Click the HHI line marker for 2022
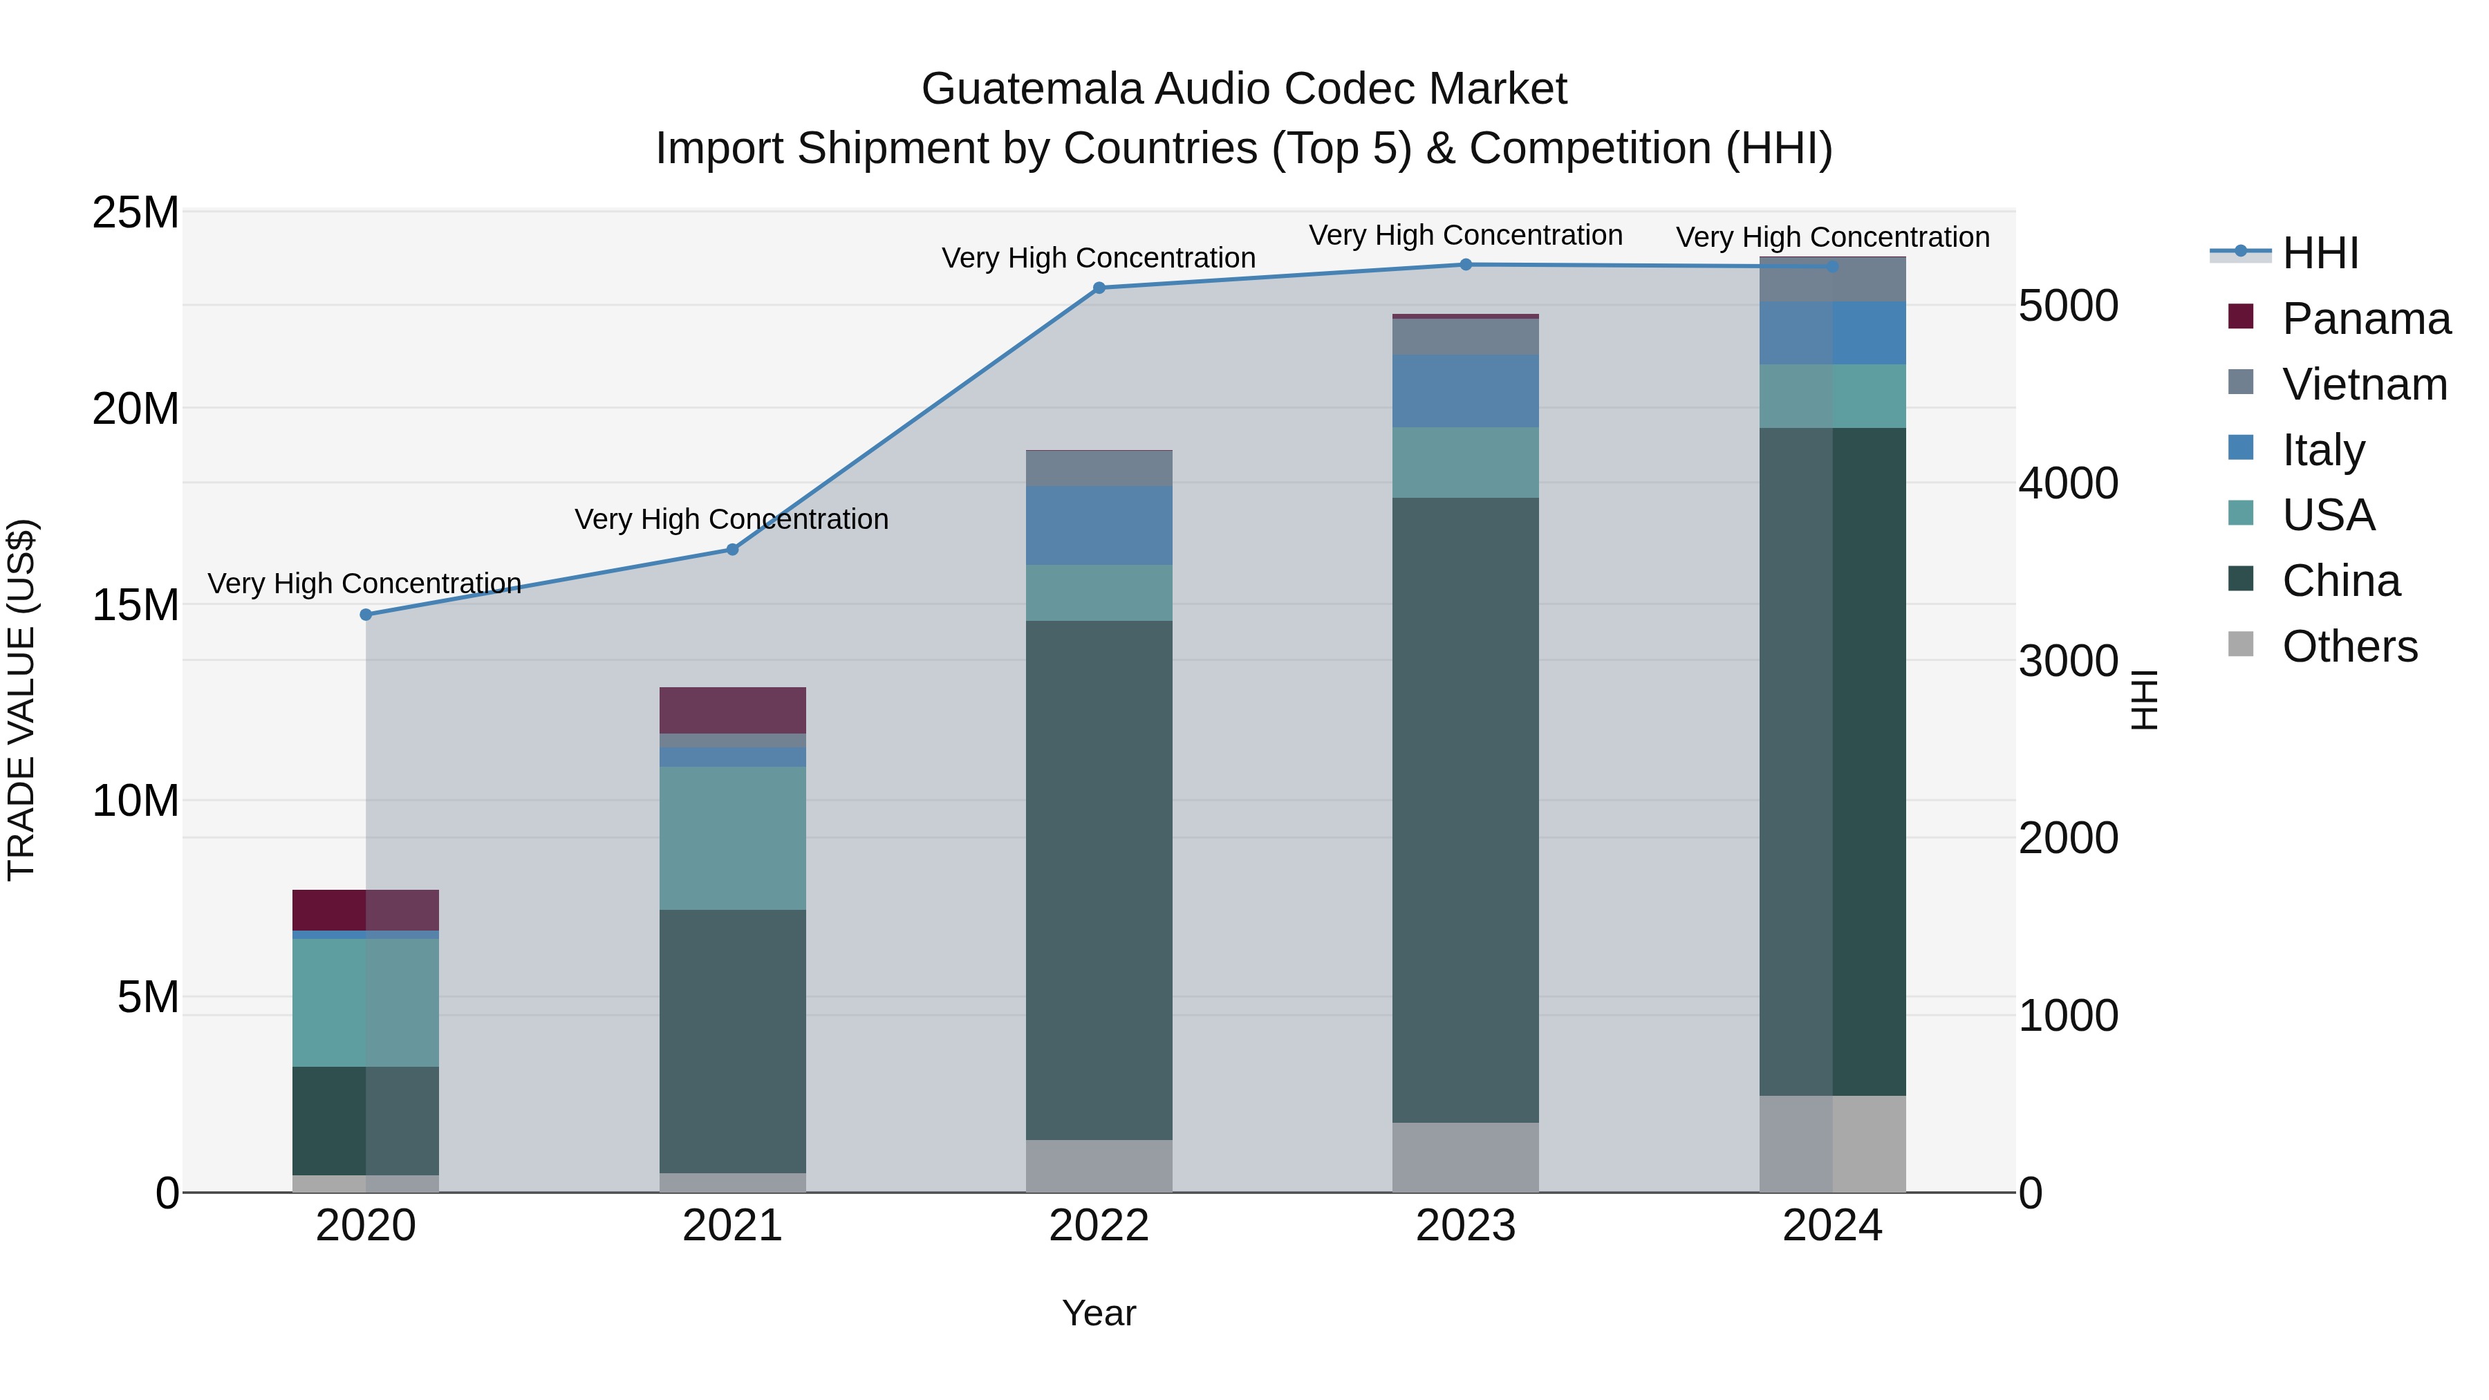(x=1099, y=288)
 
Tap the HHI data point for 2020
(x=365, y=615)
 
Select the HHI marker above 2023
(x=1466, y=265)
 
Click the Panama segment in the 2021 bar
(x=732, y=710)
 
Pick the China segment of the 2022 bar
(x=1099, y=879)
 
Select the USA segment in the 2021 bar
(x=732, y=838)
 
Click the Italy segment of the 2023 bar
(x=1466, y=391)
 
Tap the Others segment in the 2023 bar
(x=1466, y=1157)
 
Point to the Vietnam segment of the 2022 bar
(x=1099, y=469)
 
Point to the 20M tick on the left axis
(x=136, y=409)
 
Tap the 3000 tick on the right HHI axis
(x=2068, y=661)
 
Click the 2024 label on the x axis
(x=1832, y=1226)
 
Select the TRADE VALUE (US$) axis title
(x=21, y=700)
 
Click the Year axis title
(x=1099, y=1313)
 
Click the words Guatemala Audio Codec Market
(x=1244, y=89)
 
